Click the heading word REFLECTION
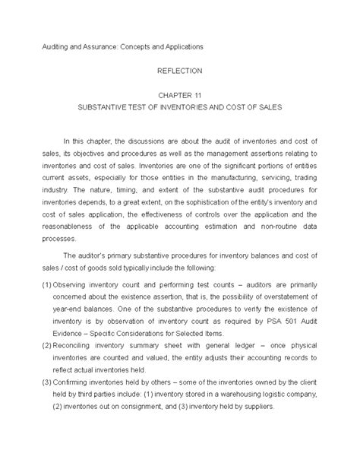click(180, 70)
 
